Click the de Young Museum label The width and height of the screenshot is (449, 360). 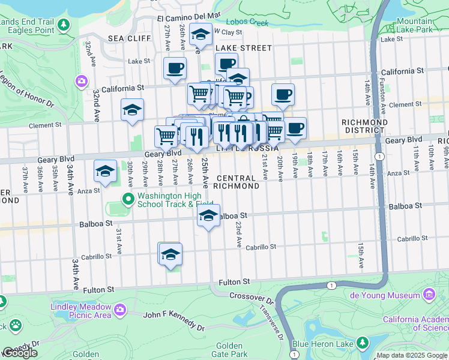pos(393,295)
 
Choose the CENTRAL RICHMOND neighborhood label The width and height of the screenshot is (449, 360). pos(238,182)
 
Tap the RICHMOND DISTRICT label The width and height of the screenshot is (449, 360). pos(363,125)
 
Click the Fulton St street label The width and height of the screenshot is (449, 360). pos(234,281)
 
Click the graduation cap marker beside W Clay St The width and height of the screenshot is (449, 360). pos(200,35)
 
